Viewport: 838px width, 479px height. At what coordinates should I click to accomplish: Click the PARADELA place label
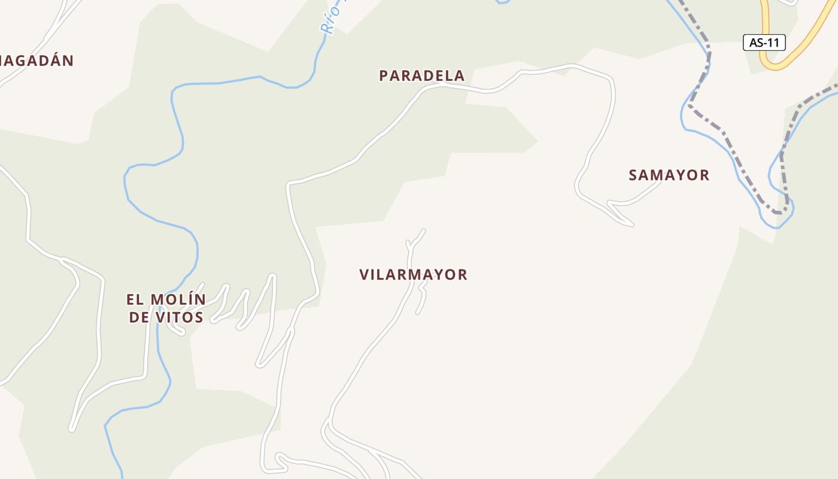coord(422,75)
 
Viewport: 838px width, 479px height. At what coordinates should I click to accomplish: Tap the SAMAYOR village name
coord(669,175)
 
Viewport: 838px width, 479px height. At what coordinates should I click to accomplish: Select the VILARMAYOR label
coord(413,274)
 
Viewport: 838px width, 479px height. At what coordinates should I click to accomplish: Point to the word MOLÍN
coord(178,299)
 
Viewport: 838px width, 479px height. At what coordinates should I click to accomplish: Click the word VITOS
coord(180,317)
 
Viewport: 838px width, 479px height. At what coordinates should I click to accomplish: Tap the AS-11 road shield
coord(764,43)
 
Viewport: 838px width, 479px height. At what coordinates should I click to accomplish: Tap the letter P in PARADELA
coord(384,75)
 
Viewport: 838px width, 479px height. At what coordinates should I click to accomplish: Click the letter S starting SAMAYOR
coord(633,175)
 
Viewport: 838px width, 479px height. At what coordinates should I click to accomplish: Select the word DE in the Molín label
coord(139,317)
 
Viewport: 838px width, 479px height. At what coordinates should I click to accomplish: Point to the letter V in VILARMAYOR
coord(364,274)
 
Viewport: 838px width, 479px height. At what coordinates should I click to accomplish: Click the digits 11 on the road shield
coord(774,43)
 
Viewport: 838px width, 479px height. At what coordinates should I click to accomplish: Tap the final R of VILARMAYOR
coord(463,274)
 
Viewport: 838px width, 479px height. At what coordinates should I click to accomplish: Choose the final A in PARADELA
coord(460,75)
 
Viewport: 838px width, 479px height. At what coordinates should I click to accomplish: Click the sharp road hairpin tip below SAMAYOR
coord(632,225)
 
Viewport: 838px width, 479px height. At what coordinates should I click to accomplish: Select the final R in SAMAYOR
coord(705,175)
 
